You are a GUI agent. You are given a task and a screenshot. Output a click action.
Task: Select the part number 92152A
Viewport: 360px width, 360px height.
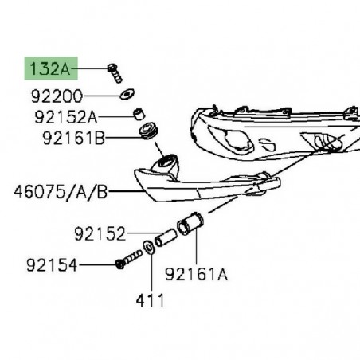tap(65, 118)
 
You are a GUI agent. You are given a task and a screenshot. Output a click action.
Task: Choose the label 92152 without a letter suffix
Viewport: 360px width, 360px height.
tap(100, 235)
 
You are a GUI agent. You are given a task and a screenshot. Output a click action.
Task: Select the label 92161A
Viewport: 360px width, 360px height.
tap(196, 276)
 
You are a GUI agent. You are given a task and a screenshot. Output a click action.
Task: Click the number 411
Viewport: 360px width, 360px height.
tap(149, 301)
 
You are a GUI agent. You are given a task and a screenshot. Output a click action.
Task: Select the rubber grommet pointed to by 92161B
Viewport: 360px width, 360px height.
tap(149, 130)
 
